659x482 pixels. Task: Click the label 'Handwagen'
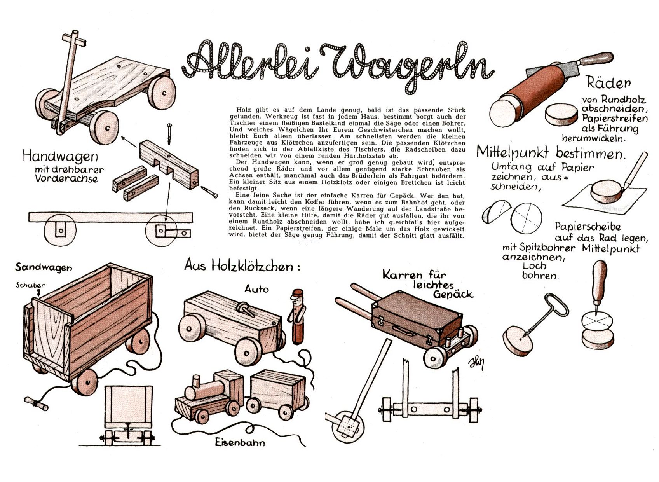pyautogui.click(x=60, y=156)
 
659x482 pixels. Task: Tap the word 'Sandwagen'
pyautogui.click(x=44, y=267)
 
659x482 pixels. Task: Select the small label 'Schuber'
pyautogui.click(x=30, y=285)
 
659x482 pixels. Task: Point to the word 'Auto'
pyautogui.click(x=256, y=289)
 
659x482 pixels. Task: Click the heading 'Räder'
pyautogui.click(x=609, y=82)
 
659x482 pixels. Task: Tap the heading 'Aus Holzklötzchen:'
pyautogui.click(x=242, y=266)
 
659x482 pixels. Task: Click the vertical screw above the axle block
pyautogui.click(x=169, y=134)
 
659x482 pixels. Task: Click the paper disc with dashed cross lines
pyautogui.click(x=526, y=218)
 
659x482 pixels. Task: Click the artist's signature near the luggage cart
pyautogui.click(x=477, y=364)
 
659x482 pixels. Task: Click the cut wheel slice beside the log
pyautogui.click(x=561, y=114)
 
